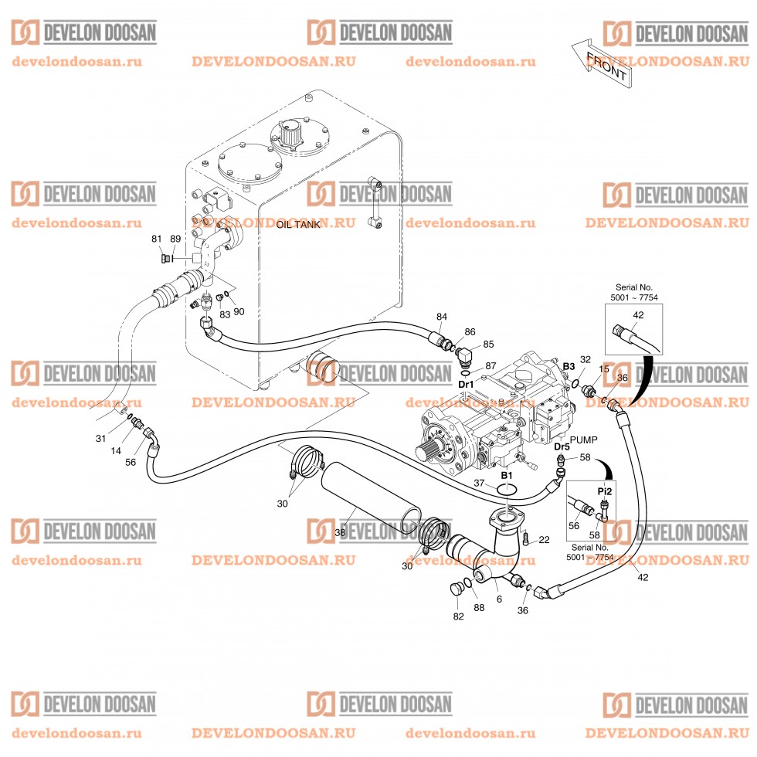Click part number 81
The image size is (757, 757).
(156, 239)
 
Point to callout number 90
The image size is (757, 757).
(239, 311)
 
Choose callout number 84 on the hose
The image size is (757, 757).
(442, 317)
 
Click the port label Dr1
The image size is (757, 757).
(466, 384)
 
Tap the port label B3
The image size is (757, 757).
(569, 366)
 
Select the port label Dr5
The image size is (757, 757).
(562, 446)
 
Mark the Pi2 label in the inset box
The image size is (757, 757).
(605, 491)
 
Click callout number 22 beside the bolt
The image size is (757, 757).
(544, 539)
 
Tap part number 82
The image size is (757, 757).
(459, 616)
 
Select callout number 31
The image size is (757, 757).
(100, 439)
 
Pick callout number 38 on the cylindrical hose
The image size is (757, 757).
(340, 533)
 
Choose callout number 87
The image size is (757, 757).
(491, 365)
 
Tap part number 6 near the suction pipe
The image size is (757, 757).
(499, 599)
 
